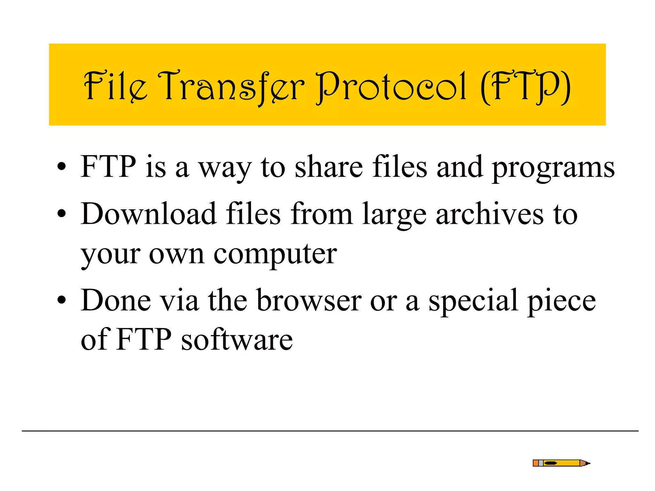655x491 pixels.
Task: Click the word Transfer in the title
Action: tap(231, 86)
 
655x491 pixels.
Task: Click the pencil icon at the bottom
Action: tap(561, 463)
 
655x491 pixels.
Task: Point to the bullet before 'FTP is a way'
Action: tap(61, 167)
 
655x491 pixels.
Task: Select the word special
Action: tap(473, 300)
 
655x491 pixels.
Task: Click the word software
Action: tap(237, 339)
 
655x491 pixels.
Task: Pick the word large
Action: tap(394, 215)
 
